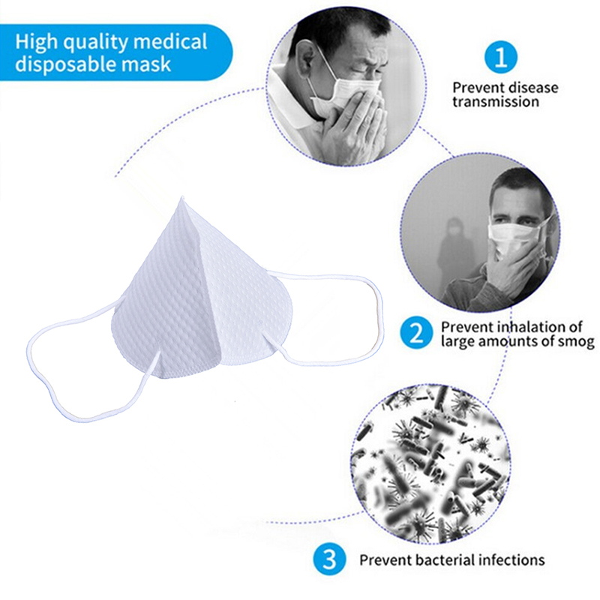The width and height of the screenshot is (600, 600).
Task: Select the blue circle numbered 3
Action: (330, 559)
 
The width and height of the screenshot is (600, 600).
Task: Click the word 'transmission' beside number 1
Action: (495, 101)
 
